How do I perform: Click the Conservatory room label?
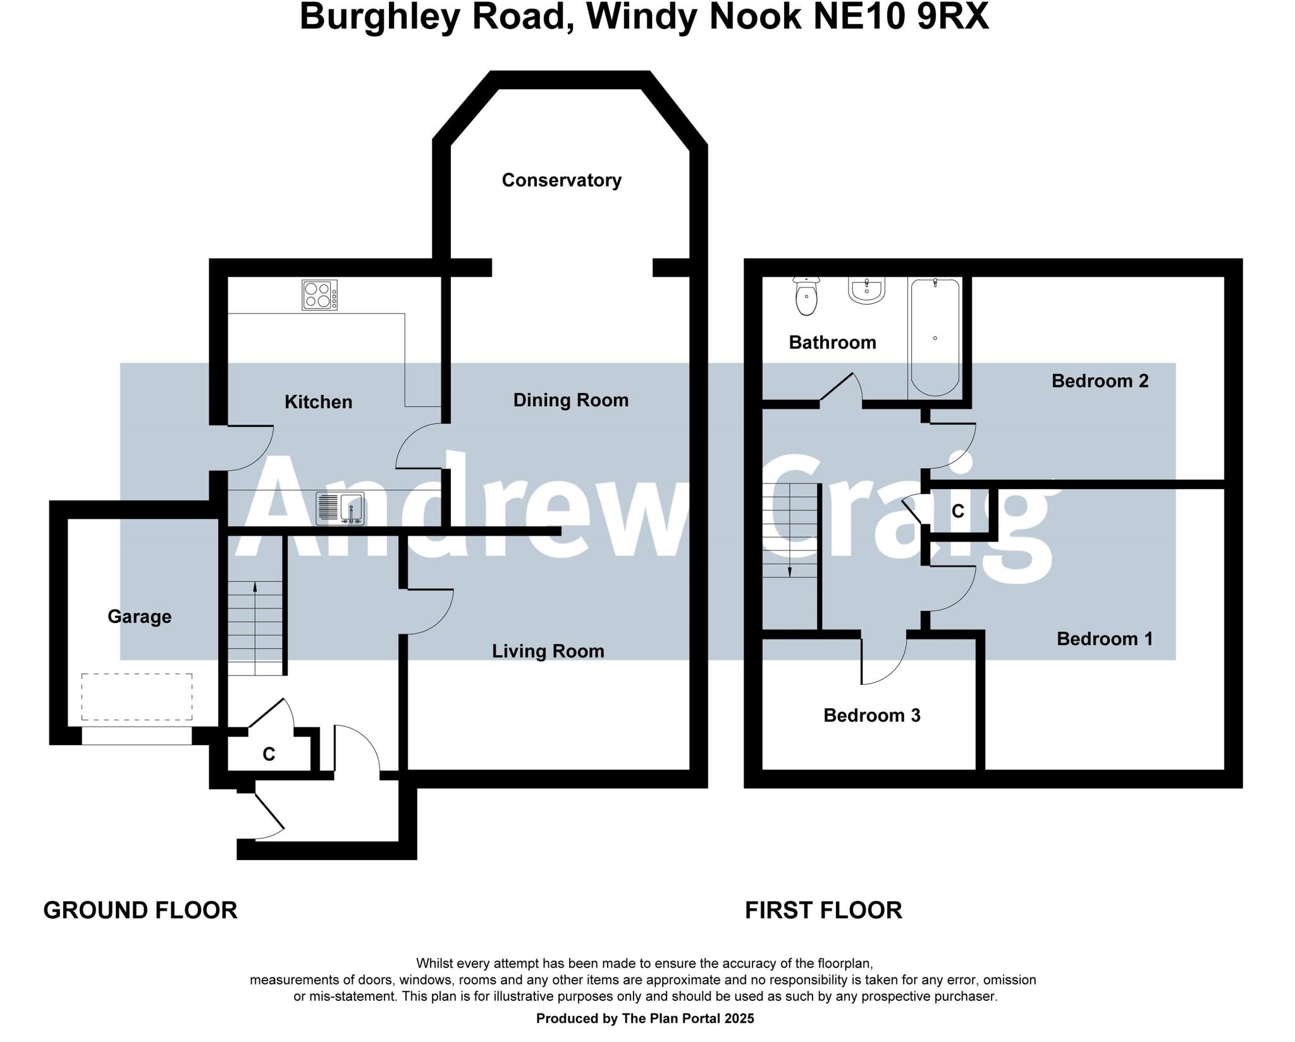point(562,181)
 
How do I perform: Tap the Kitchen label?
point(318,402)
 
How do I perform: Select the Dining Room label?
point(570,400)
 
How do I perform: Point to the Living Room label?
point(548,651)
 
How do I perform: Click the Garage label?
point(139,617)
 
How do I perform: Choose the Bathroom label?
point(832,342)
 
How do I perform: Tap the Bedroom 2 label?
point(1100,381)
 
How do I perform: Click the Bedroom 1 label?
point(1105,639)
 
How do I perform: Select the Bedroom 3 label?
point(871,715)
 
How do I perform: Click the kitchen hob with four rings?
point(319,295)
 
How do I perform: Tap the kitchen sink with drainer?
point(340,509)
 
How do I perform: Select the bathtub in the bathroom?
point(935,337)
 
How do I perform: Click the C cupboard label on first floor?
point(957,511)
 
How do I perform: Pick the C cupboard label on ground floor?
point(269,754)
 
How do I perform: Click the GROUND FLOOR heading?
point(140,911)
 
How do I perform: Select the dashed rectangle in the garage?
point(137,696)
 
